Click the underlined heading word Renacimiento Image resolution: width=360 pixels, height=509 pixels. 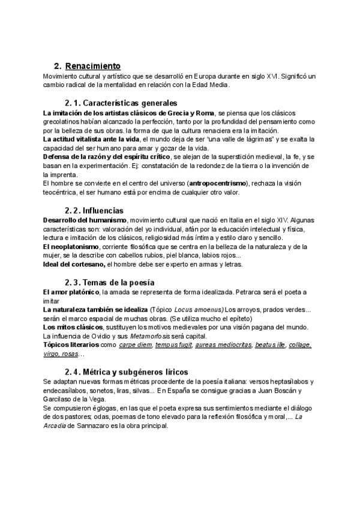click(x=92, y=65)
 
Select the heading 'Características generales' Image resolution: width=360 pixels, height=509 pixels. click(x=129, y=103)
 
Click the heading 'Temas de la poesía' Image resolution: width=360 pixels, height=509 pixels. click(x=118, y=283)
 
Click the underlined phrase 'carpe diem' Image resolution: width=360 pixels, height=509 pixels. click(x=134, y=345)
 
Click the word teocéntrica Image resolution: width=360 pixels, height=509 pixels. click(x=64, y=193)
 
